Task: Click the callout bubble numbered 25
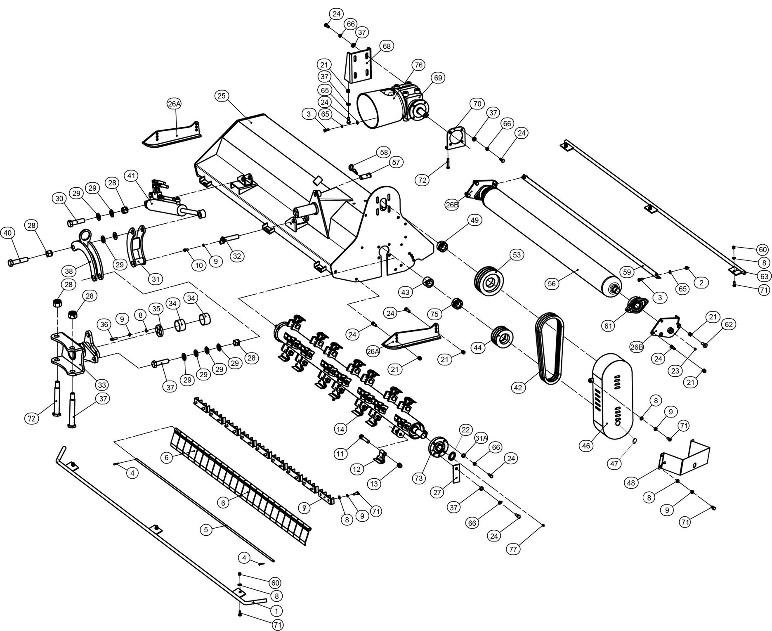222,96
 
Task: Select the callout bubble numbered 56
552,284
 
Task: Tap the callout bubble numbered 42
519,388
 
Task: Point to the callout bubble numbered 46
586,446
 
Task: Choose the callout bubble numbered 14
341,429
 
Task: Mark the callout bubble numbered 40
7,233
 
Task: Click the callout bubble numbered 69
438,78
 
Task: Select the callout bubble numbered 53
517,255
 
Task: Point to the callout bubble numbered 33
102,385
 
